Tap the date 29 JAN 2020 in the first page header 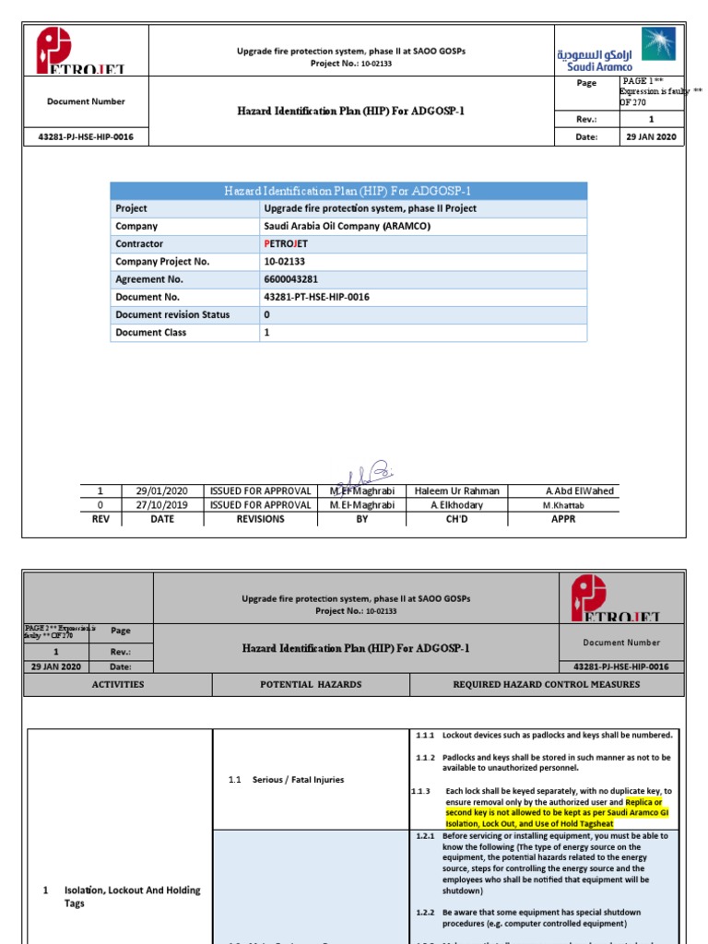pos(651,137)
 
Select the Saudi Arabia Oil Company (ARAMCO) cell pos(348,227)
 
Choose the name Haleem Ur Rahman pos(458,491)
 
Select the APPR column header pos(562,519)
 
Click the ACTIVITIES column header pos(117,685)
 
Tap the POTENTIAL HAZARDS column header pos(311,685)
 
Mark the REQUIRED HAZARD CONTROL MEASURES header pos(546,685)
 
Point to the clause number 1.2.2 pos(425,913)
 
